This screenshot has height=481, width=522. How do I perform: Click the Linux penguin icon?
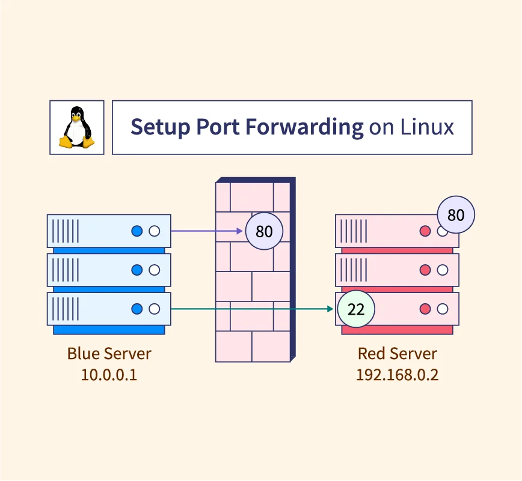76,127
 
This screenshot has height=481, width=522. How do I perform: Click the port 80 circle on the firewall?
264,231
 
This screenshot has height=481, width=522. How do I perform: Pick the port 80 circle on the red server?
456,214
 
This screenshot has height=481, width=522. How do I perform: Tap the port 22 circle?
356,310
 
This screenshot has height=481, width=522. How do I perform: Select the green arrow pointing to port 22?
253,309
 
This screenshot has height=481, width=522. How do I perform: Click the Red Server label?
397,353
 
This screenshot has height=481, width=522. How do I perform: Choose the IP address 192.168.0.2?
397,375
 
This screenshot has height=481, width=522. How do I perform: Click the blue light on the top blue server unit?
137,231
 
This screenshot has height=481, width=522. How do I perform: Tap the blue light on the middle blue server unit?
137,270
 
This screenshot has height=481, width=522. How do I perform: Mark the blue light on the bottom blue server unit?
137,309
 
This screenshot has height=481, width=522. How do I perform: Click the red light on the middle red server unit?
425,270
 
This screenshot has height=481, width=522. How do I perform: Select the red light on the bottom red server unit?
425,309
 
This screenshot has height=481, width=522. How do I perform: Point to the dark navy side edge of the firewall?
293,270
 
